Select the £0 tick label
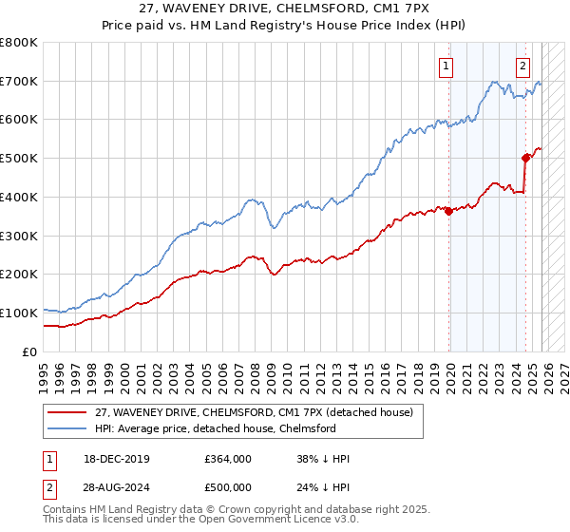30,351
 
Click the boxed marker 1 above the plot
446,66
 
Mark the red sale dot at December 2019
449,211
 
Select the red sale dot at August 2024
525,159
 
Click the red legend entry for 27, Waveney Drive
254,413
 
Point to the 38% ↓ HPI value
323,459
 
